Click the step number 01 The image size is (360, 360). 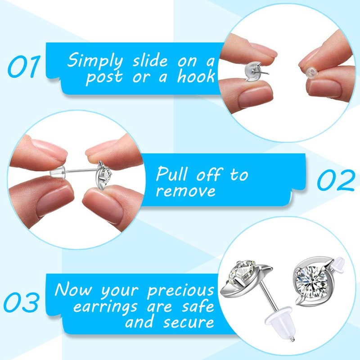click(24, 66)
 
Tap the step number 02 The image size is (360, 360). click(336, 180)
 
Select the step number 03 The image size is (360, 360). click(21, 302)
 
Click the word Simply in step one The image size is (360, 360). click(95, 61)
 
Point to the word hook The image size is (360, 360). click(196, 76)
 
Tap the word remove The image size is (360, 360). click(185, 191)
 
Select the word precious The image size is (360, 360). click(181, 290)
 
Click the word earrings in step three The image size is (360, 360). click(105, 307)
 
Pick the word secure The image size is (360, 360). click(189, 322)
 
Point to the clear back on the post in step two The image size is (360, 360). click(58, 171)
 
